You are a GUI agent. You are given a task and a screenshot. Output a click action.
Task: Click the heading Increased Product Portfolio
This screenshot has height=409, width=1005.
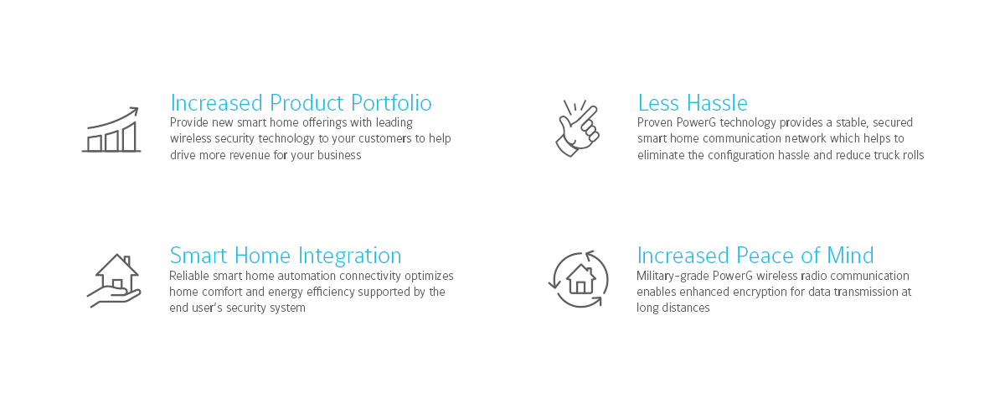[x=301, y=103]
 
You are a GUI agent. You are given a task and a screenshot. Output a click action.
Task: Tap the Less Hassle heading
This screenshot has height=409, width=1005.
[x=693, y=103]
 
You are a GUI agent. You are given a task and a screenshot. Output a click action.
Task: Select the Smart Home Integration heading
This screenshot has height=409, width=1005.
[x=286, y=256]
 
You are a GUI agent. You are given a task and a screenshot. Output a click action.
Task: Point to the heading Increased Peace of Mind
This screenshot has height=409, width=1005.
[x=755, y=256]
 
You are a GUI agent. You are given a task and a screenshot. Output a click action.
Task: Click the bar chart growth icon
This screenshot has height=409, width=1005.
[x=111, y=130]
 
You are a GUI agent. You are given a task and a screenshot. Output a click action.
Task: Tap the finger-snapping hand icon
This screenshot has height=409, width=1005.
[x=578, y=128]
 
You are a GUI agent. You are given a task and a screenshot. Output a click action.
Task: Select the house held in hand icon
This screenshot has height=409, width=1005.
[x=115, y=281]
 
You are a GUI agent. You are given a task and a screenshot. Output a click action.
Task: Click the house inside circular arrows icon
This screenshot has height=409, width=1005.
[x=579, y=279]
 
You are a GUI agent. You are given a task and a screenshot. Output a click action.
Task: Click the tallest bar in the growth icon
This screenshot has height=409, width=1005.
[x=129, y=137]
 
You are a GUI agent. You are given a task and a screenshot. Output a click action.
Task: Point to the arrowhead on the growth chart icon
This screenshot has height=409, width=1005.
[x=135, y=111]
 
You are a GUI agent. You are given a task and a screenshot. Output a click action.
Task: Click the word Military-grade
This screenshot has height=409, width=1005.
[x=673, y=276]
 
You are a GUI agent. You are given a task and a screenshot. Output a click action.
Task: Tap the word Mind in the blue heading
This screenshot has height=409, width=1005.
[x=850, y=256]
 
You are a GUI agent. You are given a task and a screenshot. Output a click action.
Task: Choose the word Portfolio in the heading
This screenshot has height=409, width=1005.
[x=391, y=103]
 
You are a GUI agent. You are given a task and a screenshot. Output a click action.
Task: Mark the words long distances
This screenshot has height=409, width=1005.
[x=673, y=308]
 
